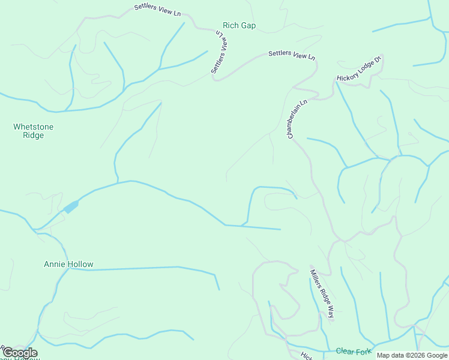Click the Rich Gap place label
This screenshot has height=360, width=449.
tap(239, 25)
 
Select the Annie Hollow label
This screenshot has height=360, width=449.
tap(68, 264)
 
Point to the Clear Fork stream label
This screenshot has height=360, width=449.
tap(354, 351)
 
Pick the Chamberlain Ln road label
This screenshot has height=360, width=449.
tap(297, 119)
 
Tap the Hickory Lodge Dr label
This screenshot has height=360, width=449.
tap(359, 69)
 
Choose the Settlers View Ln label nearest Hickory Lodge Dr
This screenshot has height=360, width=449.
tap(292, 55)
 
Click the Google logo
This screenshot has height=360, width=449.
tap(20, 353)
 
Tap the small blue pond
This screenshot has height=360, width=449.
tap(71, 207)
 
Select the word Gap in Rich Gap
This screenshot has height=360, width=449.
tap(247, 25)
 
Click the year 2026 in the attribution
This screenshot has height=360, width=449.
tap(415, 355)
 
